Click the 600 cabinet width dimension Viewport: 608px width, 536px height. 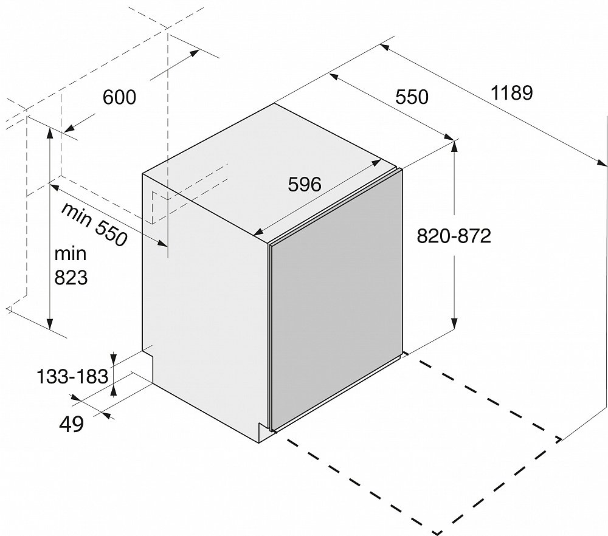tap(119, 97)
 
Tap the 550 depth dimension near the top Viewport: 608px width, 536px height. tap(412, 97)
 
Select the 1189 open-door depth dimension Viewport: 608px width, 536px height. tap(512, 93)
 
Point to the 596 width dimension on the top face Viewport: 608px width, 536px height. tap(305, 185)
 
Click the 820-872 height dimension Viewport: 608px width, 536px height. tap(454, 236)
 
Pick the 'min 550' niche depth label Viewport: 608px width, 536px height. tap(94, 224)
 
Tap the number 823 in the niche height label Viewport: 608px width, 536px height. tap(71, 278)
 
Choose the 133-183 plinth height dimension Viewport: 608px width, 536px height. tap(72, 376)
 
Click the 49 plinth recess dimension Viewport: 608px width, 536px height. tap(71, 424)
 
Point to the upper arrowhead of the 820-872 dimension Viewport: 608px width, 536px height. tap(454, 146)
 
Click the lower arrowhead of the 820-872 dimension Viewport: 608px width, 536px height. tap(454, 323)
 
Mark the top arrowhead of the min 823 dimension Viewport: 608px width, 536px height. tap(50, 132)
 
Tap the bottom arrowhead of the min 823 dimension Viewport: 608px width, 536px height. tap(50, 323)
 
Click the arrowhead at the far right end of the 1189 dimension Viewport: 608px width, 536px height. tap(601, 163)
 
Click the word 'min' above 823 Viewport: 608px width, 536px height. tap(70, 254)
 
